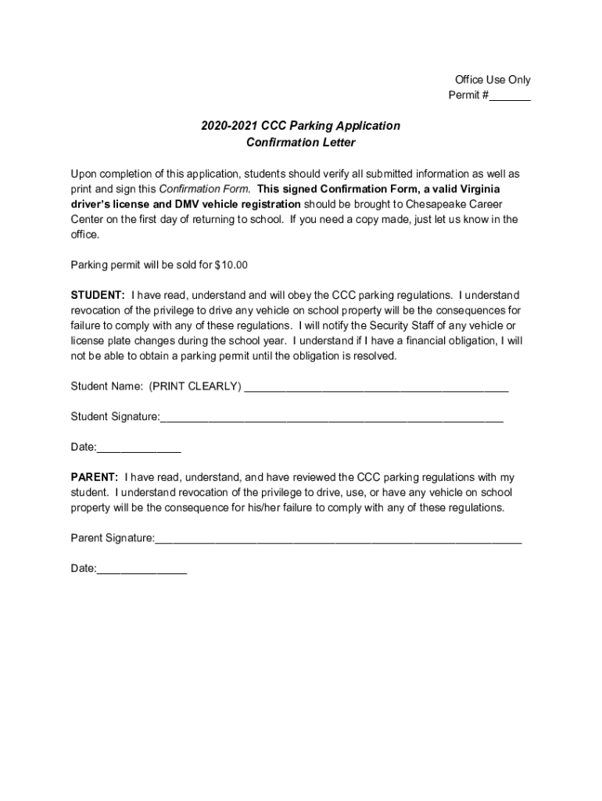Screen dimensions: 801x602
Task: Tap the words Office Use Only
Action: (493, 80)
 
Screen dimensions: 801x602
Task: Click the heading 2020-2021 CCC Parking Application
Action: (300, 126)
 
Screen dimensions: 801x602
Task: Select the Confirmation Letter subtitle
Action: (300, 142)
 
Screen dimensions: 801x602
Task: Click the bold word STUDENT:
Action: (98, 296)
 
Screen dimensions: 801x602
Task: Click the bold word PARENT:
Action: (95, 477)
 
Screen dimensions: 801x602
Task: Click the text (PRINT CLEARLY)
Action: (195, 386)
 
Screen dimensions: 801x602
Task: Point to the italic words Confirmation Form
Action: (205, 189)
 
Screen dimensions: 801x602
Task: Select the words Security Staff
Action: (402, 325)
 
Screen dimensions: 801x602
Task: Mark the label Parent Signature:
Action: (113, 538)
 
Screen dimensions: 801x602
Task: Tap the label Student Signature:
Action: (115, 417)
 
